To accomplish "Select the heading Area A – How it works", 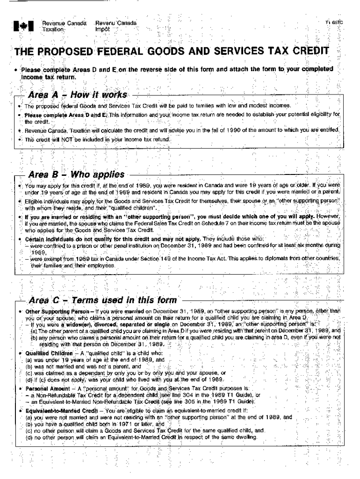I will point(78,95).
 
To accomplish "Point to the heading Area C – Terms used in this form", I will point(103,300).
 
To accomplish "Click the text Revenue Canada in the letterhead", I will point(58,23).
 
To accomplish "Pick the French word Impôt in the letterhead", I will point(102,29).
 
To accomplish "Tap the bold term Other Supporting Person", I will point(51,311).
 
